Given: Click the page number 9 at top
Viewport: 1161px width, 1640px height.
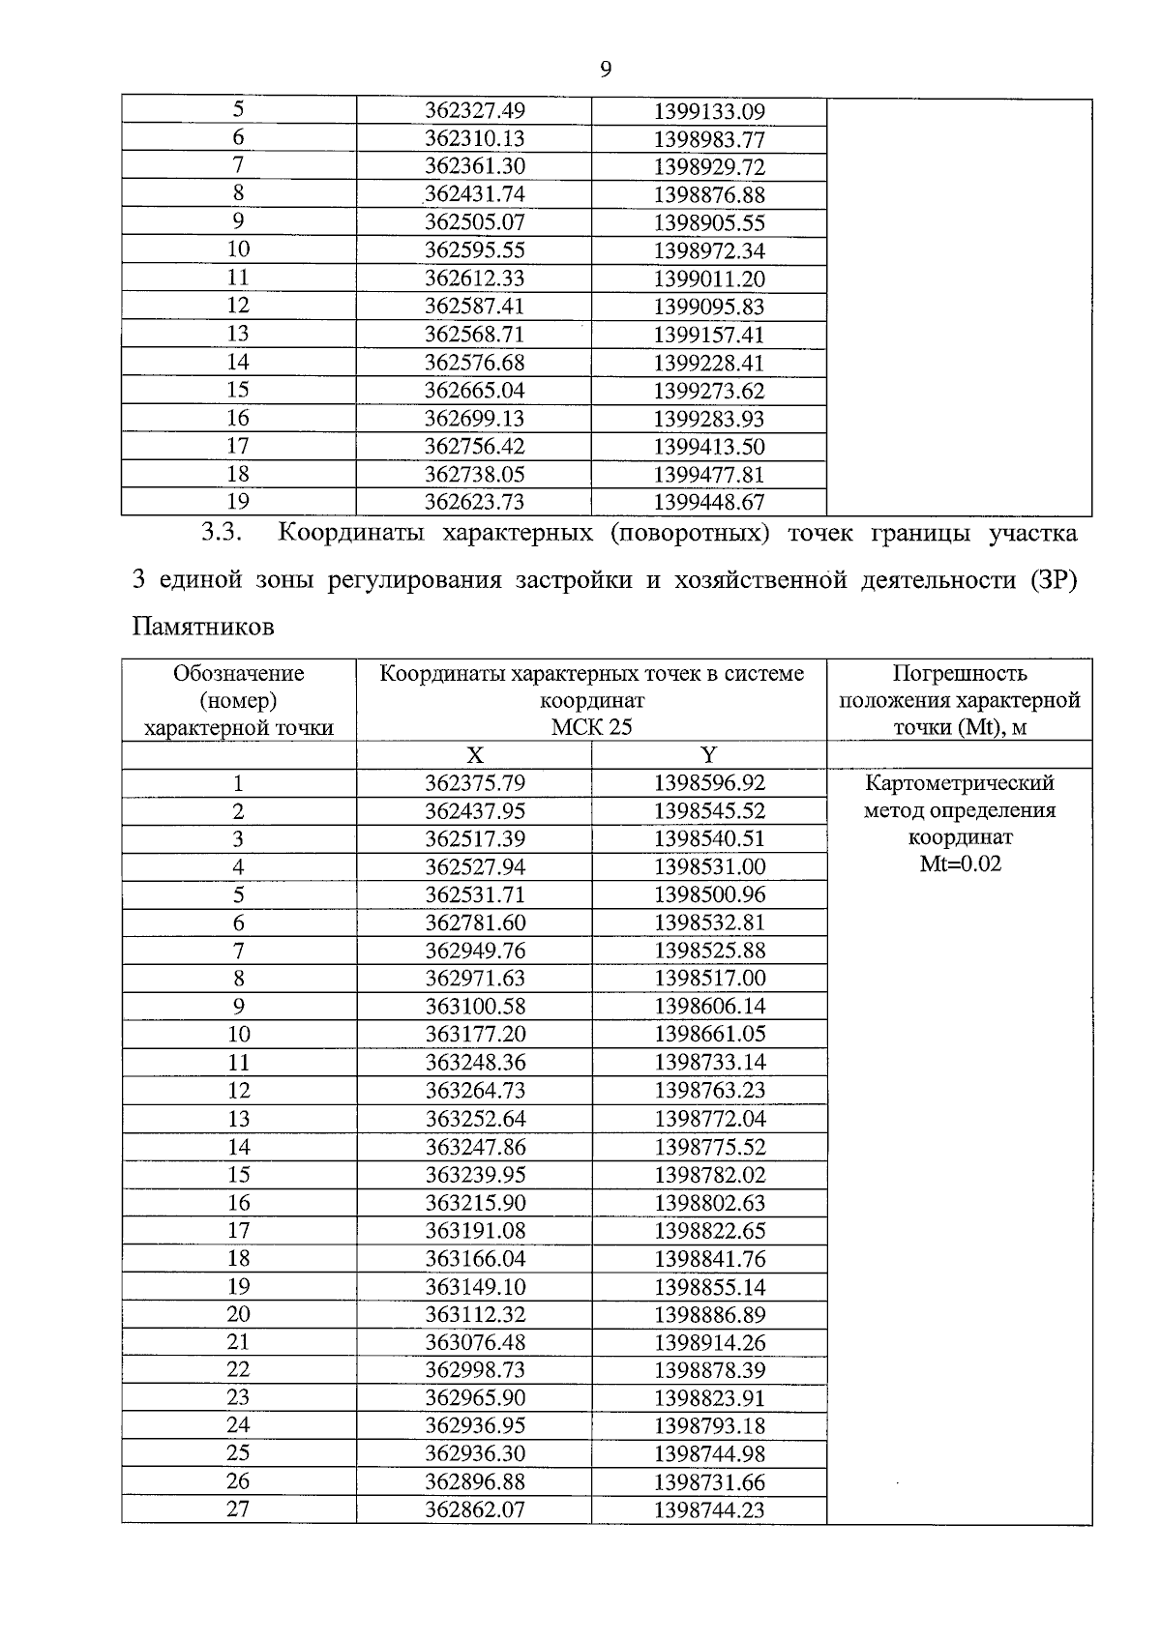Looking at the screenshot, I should point(606,69).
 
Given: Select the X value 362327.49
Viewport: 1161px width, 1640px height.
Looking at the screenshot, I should point(475,111).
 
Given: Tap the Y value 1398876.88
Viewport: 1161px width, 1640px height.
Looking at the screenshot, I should point(709,195).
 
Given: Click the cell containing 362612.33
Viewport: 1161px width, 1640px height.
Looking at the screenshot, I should point(475,279).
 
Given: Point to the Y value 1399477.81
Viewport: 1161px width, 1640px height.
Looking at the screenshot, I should point(709,475).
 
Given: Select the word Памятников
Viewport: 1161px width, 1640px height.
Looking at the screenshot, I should point(203,628).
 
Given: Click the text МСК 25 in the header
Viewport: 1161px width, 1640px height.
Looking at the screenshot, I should point(591,727).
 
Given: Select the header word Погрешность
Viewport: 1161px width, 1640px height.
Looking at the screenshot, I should point(960,674).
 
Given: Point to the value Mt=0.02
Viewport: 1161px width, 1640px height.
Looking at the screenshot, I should point(960,864).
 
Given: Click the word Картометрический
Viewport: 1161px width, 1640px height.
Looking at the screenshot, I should point(960,783).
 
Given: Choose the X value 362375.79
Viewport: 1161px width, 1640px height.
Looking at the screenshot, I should point(475,783).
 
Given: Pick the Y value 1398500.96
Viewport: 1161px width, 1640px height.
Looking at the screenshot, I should point(709,895).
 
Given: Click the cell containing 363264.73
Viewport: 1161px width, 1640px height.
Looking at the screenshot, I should point(475,1091).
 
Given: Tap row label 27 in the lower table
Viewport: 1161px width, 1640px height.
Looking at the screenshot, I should point(238,1509).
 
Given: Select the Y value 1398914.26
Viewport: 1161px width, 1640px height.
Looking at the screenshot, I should point(709,1343).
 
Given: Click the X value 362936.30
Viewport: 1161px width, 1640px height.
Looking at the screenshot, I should point(475,1453).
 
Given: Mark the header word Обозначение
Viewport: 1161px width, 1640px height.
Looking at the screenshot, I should point(238,674).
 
